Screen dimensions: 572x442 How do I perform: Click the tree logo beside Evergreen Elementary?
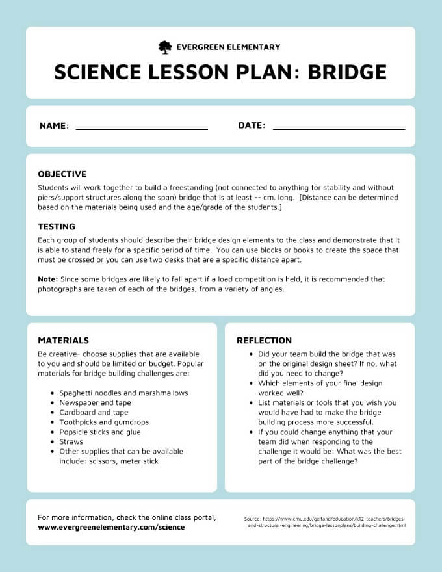click(165, 47)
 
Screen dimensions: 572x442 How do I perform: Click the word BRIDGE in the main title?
click(347, 71)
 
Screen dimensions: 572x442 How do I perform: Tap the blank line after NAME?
click(142, 129)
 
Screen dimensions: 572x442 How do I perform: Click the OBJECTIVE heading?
click(62, 174)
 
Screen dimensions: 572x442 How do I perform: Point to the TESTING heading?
click(57, 227)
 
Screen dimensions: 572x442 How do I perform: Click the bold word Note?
click(47, 279)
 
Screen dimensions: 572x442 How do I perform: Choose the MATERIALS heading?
click(63, 340)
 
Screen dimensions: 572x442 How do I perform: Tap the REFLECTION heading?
click(264, 340)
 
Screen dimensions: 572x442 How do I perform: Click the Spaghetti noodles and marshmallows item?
click(123, 393)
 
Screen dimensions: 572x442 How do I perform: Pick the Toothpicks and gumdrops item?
click(103, 422)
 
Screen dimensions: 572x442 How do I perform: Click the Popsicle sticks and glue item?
click(99, 432)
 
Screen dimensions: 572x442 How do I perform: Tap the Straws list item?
click(71, 441)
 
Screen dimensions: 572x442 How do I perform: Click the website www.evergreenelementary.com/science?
click(111, 527)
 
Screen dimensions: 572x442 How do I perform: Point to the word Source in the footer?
click(252, 519)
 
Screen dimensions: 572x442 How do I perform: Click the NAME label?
click(54, 126)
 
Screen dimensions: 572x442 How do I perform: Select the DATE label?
click(252, 125)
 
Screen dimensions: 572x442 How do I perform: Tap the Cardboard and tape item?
click(94, 412)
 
